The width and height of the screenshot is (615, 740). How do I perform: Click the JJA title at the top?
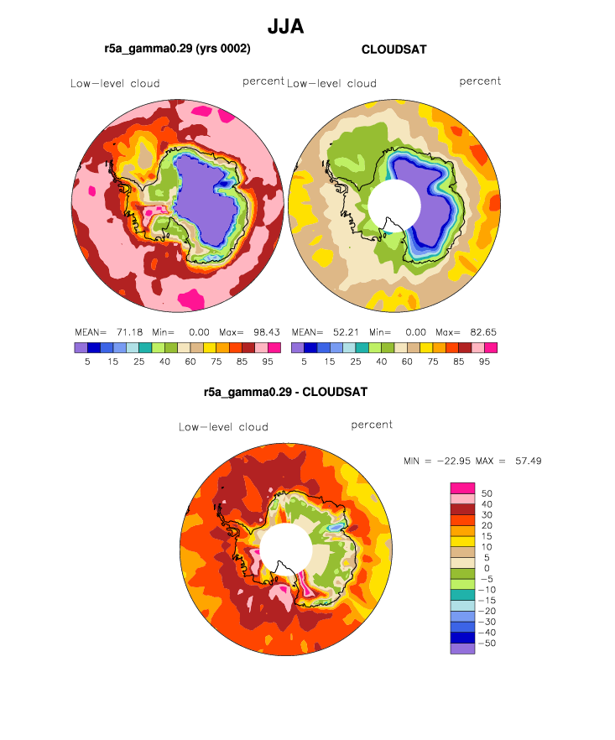click(285, 27)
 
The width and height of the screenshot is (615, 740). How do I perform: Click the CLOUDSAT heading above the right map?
click(394, 50)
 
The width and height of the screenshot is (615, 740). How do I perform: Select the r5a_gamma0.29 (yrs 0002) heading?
click(178, 49)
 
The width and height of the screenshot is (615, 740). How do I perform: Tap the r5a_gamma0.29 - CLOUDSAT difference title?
click(285, 392)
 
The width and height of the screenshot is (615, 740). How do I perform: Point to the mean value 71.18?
click(130, 332)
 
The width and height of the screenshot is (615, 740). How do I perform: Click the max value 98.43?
click(267, 332)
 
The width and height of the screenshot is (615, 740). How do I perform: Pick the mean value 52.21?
click(346, 332)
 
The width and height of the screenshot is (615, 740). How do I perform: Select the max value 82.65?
click(483, 332)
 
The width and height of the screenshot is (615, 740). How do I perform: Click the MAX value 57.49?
click(529, 461)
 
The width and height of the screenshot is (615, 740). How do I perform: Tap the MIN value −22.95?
click(454, 461)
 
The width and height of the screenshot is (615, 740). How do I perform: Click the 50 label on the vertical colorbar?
click(487, 493)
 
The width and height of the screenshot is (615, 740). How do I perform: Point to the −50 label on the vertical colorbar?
click(487, 644)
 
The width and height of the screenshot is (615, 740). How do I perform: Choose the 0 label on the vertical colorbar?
click(487, 569)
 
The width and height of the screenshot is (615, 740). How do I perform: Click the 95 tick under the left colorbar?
click(268, 362)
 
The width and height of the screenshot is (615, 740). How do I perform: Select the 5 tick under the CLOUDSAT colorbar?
click(304, 362)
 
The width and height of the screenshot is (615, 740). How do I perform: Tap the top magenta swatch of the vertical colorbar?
click(462, 488)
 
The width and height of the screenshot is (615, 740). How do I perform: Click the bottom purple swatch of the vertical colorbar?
click(462, 649)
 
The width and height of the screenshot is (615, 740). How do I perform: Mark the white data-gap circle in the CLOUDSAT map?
click(394, 206)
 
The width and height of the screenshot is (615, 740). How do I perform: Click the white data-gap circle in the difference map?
click(286, 550)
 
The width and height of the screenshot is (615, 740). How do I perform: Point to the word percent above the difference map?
click(372, 425)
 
